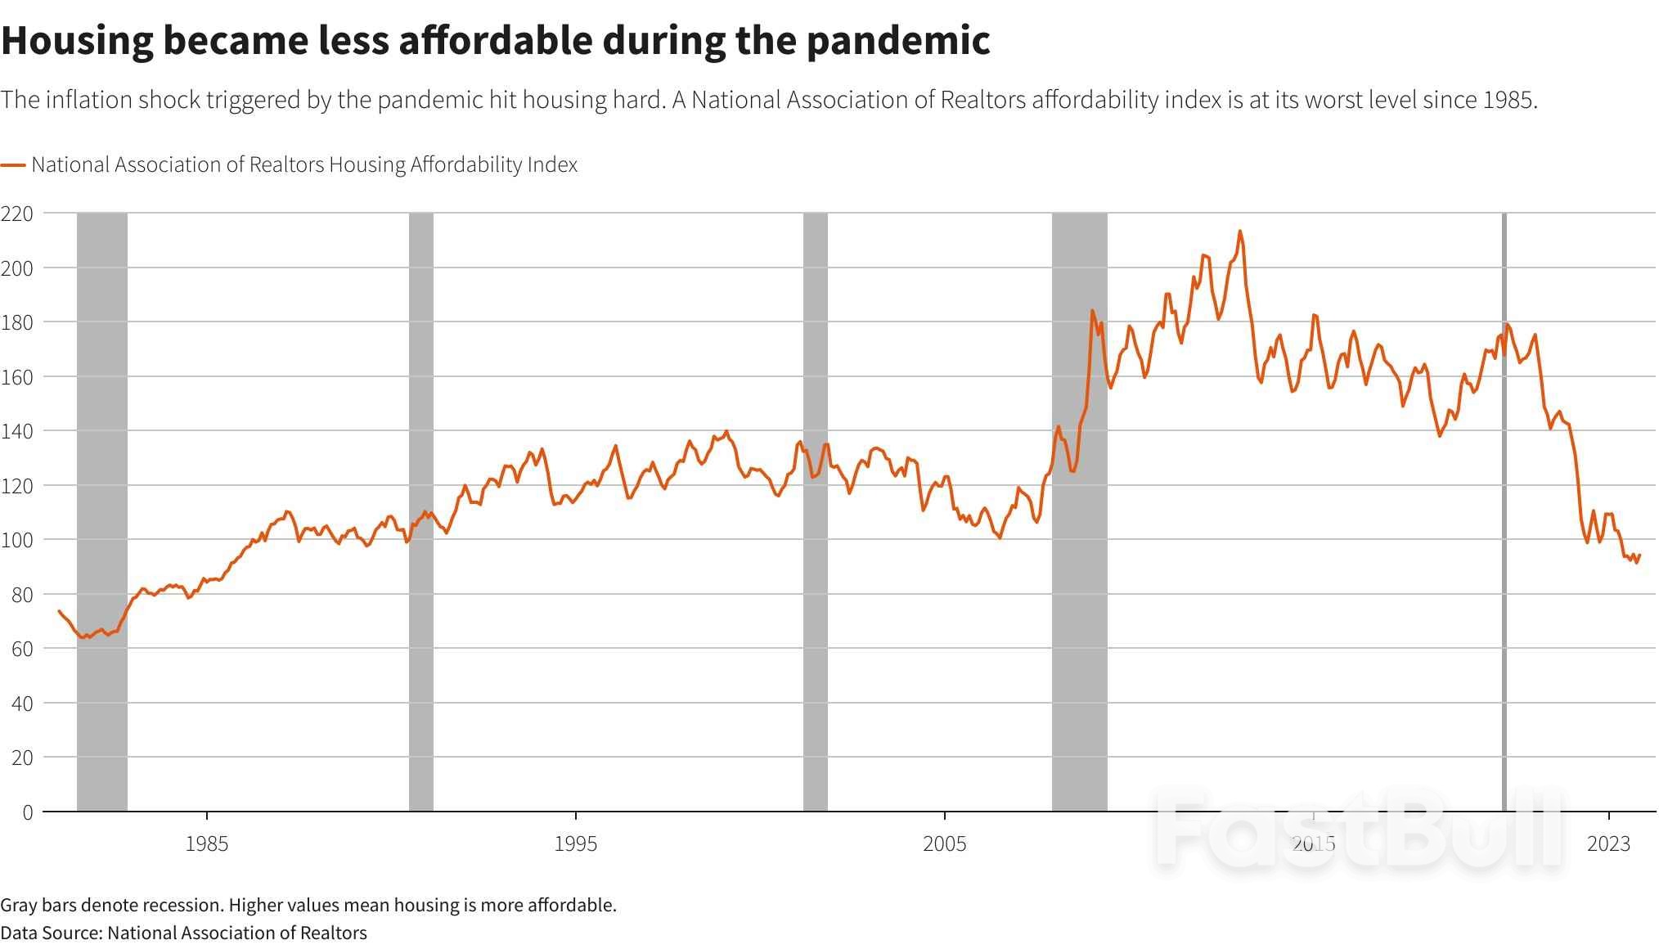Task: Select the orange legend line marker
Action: coord(13,165)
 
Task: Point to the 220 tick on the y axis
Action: coord(17,214)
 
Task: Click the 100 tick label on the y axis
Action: coord(17,540)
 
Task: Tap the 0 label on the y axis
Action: coord(28,812)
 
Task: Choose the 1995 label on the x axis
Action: coord(575,843)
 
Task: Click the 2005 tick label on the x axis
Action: coord(944,843)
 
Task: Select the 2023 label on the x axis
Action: coord(1608,843)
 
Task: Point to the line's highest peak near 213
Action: coord(1239,232)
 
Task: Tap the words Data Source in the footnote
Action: coord(51,933)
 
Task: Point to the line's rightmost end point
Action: coord(1639,555)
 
